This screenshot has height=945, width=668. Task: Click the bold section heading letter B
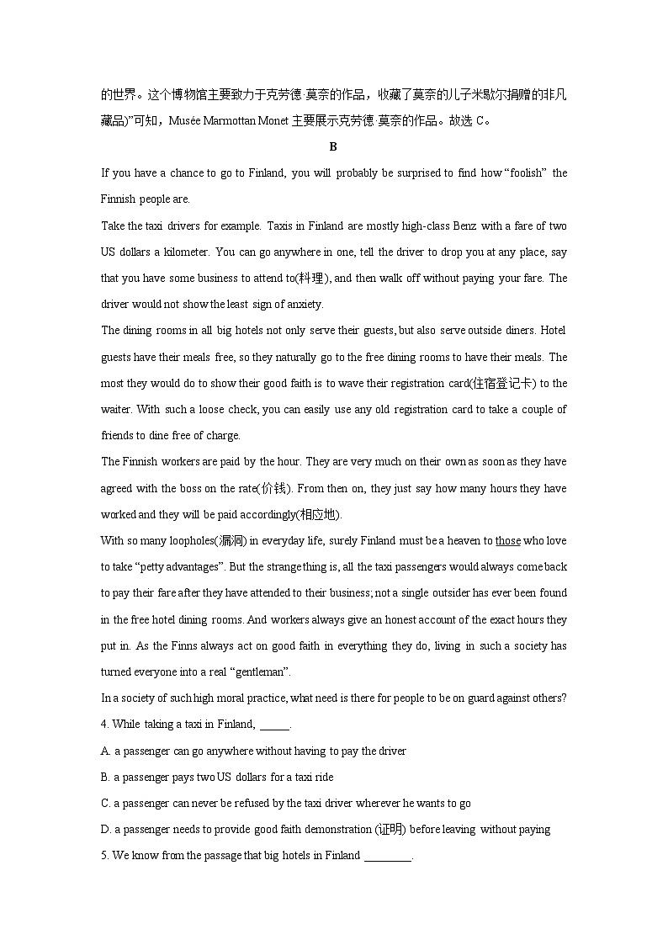(x=333, y=146)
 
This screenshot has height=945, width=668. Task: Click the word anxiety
(x=303, y=304)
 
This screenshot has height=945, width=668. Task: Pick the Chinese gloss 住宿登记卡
(x=502, y=383)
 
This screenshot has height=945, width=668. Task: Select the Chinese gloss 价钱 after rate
(x=274, y=488)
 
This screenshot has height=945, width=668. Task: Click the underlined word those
(x=508, y=540)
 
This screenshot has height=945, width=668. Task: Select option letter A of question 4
(x=105, y=751)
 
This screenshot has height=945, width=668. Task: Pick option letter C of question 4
(x=105, y=803)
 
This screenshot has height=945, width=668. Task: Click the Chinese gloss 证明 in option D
(x=390, y=829)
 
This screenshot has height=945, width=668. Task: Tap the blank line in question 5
(x=387, y=856)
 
